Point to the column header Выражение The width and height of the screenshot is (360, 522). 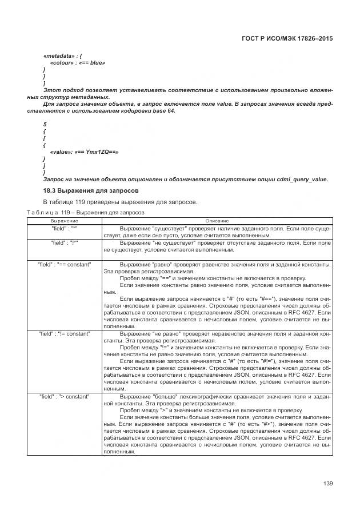coord(65,221)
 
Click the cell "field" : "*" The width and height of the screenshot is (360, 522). coord(65,228)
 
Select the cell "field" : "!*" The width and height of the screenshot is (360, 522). coord(65,243)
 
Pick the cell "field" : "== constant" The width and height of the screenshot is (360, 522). coord(65,265)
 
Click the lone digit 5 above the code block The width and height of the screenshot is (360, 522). coord(45,124)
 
